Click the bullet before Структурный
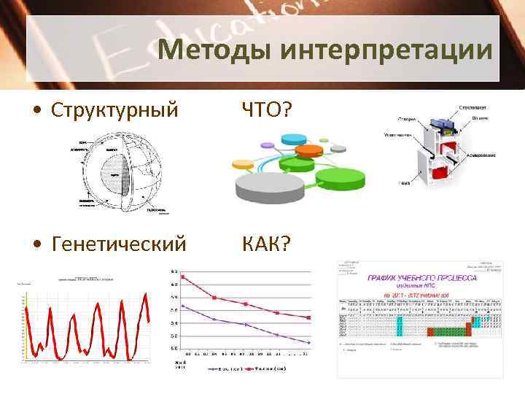click(36, 110)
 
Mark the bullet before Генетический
click(36, 242)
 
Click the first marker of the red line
click(183, 277)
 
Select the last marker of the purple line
click(309, 342)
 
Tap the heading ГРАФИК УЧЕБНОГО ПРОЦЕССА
click(421, 278)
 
